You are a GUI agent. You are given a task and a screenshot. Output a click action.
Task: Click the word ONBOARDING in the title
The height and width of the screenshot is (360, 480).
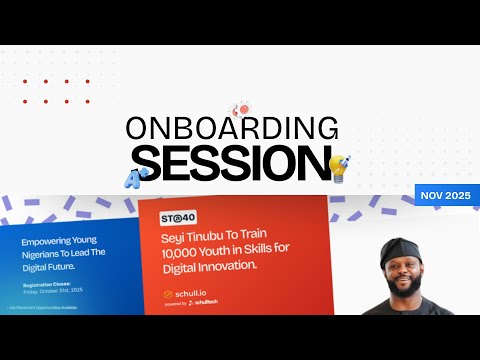[232, 128]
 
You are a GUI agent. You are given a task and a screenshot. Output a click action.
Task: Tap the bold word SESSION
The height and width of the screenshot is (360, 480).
[231, 161]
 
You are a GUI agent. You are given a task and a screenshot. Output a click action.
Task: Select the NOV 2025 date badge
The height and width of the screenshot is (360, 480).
[446, 195]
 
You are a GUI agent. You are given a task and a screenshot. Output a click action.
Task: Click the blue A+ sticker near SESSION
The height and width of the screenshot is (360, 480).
[133, 178]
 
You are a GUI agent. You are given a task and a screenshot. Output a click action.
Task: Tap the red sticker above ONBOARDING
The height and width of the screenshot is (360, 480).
[240, 108]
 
